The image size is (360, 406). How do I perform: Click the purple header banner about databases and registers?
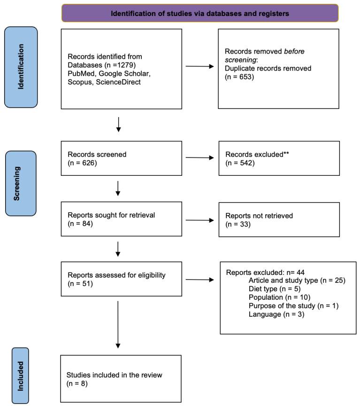point(199,13)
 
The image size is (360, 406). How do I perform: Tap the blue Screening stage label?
point(21,183)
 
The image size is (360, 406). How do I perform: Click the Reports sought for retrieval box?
point(121,219)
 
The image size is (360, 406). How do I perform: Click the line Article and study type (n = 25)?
point(297,281)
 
